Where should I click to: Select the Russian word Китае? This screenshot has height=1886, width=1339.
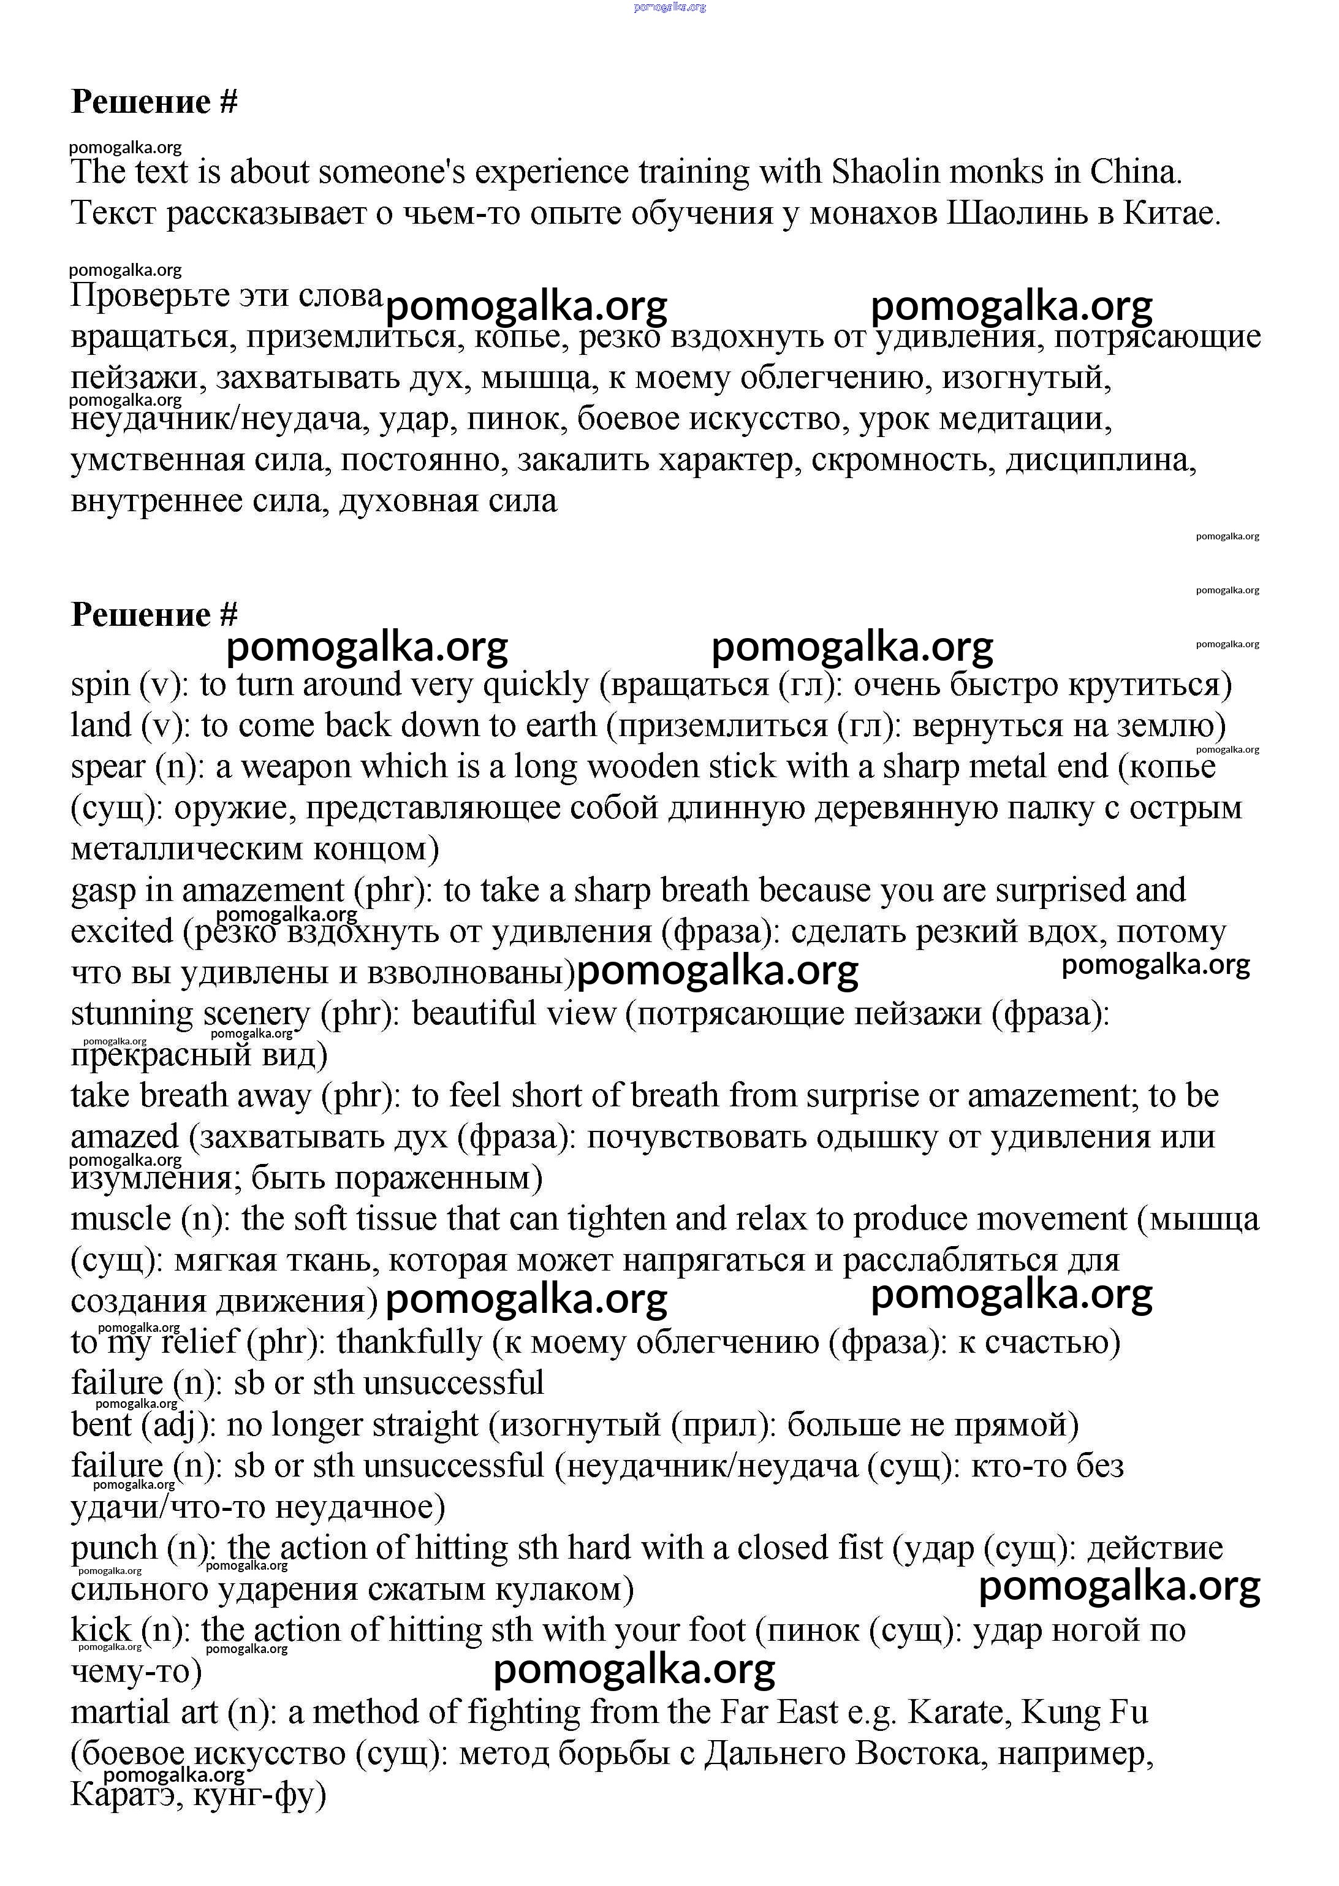[x=1172, y=213]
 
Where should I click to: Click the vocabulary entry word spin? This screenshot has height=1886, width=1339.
[x=101, y=685]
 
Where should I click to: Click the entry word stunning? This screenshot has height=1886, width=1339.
[x=132, y=1014]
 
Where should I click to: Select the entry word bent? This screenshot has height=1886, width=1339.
[x=101, y=1424]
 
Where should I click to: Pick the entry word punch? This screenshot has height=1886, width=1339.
[x=114, y=1548]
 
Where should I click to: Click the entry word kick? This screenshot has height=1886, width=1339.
[x=101, y=1630]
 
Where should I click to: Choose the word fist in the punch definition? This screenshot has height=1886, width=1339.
[x=864, y=1548]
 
